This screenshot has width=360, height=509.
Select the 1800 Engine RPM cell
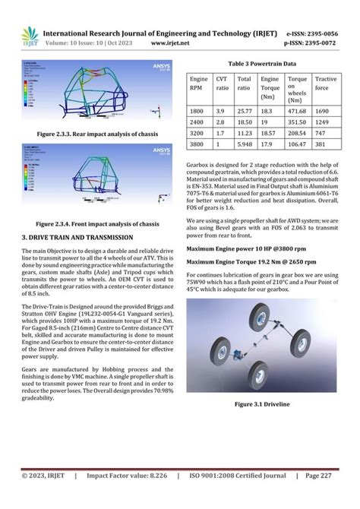198,110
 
